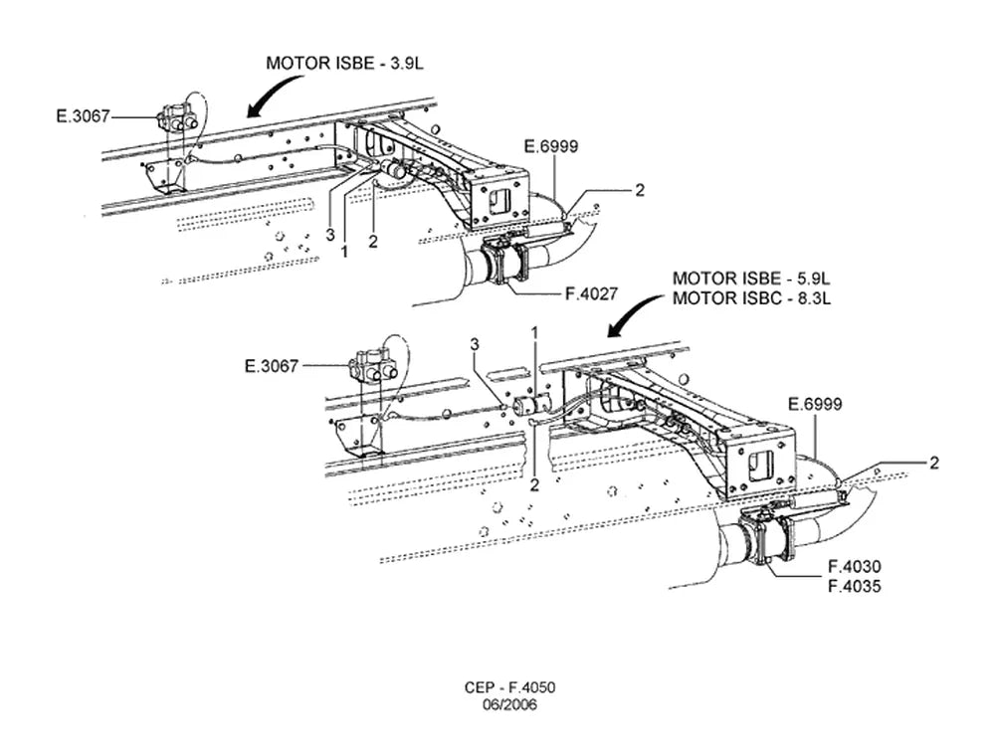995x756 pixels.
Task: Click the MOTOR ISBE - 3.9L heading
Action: pyautogui.click(x=344, y=64)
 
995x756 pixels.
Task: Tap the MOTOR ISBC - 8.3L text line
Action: pyautogui.click(x=751, y=298)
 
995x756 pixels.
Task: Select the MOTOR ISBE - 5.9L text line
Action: pyautogui.click(x=751, y=279)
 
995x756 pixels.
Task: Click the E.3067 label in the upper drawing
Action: pyautogui.click(x=84, y=116)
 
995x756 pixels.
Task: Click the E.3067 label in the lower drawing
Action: pyautogui.click(x=272, y=366)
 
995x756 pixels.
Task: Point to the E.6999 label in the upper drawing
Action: pyautogui.click(x=551, y=146)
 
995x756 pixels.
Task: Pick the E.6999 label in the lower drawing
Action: pyautogui.click(x=815, y=404)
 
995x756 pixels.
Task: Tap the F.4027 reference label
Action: pyautogui.click(x=591, y=293)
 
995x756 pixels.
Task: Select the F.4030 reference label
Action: pyautogui.click(x=854, y=566)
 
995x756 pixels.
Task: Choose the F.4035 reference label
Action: pyautogui.click(x=854, y=586)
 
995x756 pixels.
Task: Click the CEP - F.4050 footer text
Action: pyautogui.click(x=509, y=687)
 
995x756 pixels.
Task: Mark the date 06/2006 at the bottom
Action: pyautogui.click(x=509, y=704)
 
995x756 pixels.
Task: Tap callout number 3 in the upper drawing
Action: pyautogui.click(x=330, y=235)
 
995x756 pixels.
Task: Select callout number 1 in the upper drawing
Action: pyautogui.click(x=344, y=252)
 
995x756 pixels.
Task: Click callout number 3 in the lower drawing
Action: pyautogui.click(x=475, y=344)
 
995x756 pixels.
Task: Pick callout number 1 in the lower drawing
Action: pyautogui.click(x=535, y=332)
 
